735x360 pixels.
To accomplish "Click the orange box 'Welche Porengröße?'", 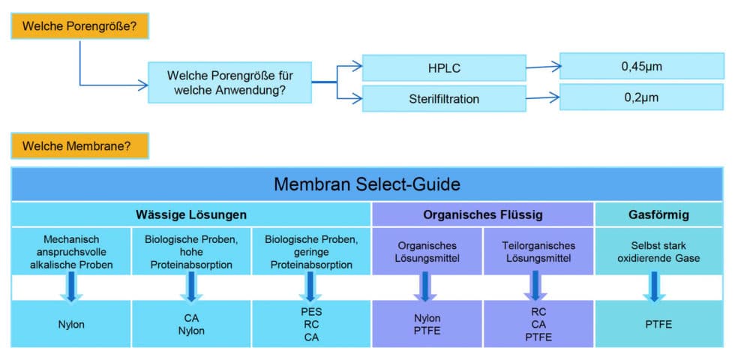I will pyautogui.click(x=79, y=26).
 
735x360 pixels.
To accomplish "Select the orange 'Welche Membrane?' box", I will pyautogui.click(x=79, y=145).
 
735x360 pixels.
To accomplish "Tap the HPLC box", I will pyautogui.click(x=444, y=68).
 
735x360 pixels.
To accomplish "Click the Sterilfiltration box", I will pyautogui.click(x=444, y=98).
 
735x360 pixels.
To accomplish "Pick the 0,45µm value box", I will pyautogui.click(x=641, y=66).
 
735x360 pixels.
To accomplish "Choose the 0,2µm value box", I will pyautogui.click(x=641, y=97).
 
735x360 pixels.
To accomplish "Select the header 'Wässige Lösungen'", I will pyautogui.click(x=191, y=214).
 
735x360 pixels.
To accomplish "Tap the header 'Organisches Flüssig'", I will pyautogui.click(x=483, y=214).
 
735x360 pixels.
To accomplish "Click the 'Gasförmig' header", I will pyautogui.click(x=653, y=214).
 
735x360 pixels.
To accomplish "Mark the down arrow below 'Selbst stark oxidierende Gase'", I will pyautogui.click(x=654, y=286).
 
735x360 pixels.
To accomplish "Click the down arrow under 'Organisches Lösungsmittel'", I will pyautogui.click(x=425, y=286).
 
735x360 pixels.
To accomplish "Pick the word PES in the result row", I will pyautogui.click(x=311, y=310).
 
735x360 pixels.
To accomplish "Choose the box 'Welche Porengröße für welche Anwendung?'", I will pyautogui.click(x=229, y=82).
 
